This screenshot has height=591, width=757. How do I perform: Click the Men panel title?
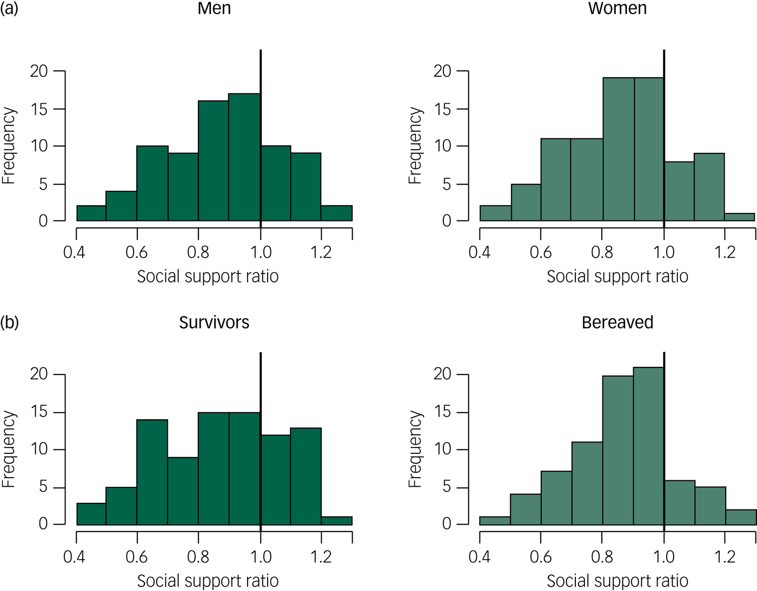214,9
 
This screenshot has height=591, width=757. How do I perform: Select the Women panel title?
617,9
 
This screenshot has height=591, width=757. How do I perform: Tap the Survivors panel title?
214,323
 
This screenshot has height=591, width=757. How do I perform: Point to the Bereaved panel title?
617,323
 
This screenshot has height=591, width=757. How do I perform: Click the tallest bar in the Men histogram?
244,157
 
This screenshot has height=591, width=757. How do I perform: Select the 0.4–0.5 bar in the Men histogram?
91,213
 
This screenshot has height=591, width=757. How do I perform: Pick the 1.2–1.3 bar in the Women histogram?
739,217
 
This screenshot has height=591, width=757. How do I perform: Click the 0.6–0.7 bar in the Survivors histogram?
152,472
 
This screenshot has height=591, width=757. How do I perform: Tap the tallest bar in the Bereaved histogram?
648,446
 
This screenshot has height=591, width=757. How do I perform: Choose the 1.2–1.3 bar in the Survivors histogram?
337,520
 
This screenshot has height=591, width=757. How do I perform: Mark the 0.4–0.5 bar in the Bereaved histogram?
495,520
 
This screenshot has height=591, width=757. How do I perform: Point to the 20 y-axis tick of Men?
39,71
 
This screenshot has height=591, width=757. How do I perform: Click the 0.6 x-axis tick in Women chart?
541,252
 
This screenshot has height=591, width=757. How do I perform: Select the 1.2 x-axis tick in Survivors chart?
321,556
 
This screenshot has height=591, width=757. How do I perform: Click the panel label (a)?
9,9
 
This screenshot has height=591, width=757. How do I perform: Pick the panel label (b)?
9,323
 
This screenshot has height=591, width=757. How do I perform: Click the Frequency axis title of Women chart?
415,146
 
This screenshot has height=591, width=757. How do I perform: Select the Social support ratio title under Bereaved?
617,581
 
